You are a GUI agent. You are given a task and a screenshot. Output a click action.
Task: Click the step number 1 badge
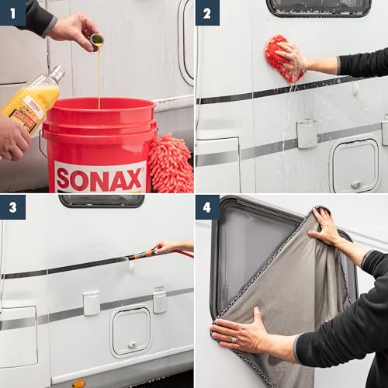point(12,12)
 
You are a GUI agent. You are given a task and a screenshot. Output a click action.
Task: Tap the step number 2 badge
point(207,12)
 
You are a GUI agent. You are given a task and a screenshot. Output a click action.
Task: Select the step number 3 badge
point(12,207)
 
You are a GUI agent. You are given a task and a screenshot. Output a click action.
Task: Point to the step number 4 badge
point(207,207)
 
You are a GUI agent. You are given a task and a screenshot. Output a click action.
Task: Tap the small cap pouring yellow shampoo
point(96,40)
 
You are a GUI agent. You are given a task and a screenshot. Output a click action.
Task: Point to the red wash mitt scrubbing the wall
point(283,57)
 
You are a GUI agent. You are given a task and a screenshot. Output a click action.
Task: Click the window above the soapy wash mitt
point(318,7)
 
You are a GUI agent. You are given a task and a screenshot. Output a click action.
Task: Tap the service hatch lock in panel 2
point(356,185)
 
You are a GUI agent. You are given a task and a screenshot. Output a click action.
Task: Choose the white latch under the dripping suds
point(307,133)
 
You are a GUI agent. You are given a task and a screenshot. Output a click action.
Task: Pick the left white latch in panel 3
point(92,303)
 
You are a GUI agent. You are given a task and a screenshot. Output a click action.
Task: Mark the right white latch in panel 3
point(159,300)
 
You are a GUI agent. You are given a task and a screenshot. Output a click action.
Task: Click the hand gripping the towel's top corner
point(325,227)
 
